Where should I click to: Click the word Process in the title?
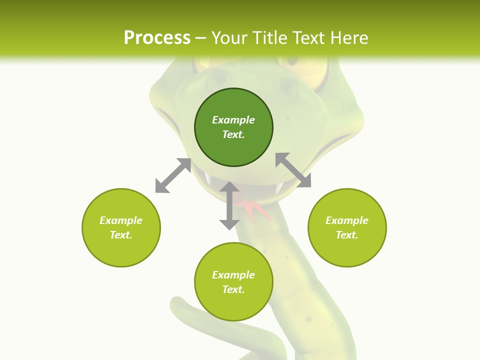(x=157, y=38)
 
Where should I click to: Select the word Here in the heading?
(x=348, y=38)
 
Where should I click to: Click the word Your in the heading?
(x=230, y=38)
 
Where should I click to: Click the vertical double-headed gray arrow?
(x=229, y=205)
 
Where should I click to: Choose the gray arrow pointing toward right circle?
(x=293, y=170)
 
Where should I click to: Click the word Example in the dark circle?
(x=233, y=120)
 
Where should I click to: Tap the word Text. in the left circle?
(x=121, y=235)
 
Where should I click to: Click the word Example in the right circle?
(x=347, y=220)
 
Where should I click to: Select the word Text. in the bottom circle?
(x=233, y=289)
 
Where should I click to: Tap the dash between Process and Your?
(x=201, y=38)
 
